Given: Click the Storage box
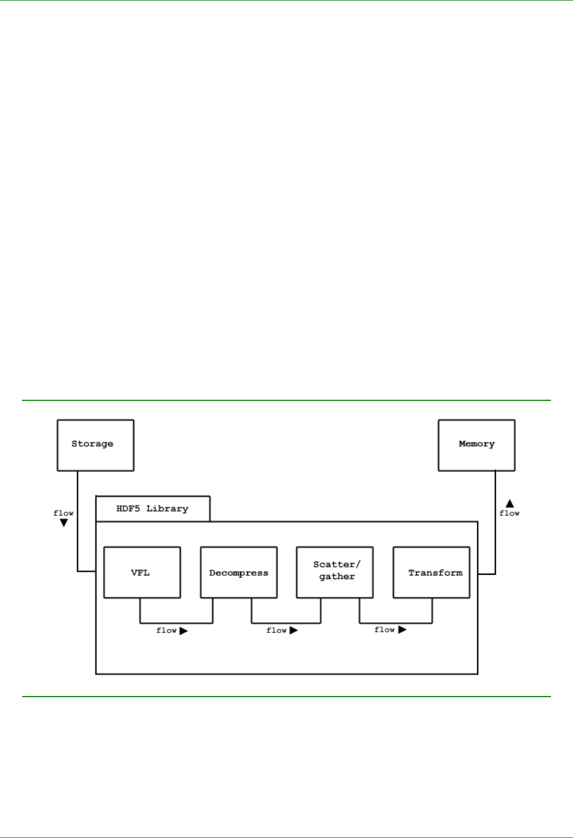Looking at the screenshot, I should pyautogui.click(x=95, y=445).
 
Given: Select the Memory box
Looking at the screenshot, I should pyautogui.click(x=476, y=445).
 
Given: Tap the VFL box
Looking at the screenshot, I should pyautogui.click(x=142, y=572).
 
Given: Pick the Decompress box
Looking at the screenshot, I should pyautogui.click(x=239, y=572).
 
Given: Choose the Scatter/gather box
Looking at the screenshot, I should pyautogui.click(x=335, y=572).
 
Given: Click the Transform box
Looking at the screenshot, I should pyautogui.click(x=431, y=572).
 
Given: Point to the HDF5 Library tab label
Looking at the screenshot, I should pyautogui.click(x=152, y=509).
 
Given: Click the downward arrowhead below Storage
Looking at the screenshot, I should pyautogui.click(x=64, y=523).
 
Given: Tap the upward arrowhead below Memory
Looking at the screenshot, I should pyautogui.click(x=509, y=504).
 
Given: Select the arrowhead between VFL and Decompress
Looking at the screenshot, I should pyautogui.click(x=183, y=630).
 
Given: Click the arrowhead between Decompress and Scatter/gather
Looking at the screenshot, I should pyautogui.click(x=293, y=630).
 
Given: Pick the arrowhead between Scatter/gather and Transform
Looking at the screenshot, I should pyautogui.click(x=402, y=629).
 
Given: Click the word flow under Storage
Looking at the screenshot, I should pyautogui.click(x=64, y=513).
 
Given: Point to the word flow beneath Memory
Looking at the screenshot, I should pyautogui.click(x=509, y=513).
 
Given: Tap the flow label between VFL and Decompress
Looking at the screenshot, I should pyautogui.click(x=167, y=630).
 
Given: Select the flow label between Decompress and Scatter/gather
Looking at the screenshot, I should pyautogui.click(x=277, y=630).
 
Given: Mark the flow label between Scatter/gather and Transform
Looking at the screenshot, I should pyautogui.click(x=384, y=629).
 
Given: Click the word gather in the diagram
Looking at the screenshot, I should pyautogui.click(x=337, y=577).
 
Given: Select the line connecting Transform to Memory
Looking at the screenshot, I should pyautogui.click(x=495, y=526).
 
